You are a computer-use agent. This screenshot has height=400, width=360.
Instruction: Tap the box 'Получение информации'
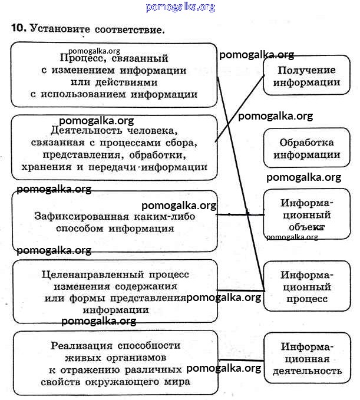pos(302,77)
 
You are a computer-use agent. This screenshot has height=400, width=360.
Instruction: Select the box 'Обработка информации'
pos(306,149)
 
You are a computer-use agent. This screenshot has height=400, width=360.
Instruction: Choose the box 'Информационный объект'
pos(305,214)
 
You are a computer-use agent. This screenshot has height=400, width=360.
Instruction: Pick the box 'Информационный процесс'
pos(306,287)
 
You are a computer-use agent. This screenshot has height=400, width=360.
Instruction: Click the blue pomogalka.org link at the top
pos(180,7)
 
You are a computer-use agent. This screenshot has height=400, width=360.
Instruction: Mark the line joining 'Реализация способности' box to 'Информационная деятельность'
pos(241,359)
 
